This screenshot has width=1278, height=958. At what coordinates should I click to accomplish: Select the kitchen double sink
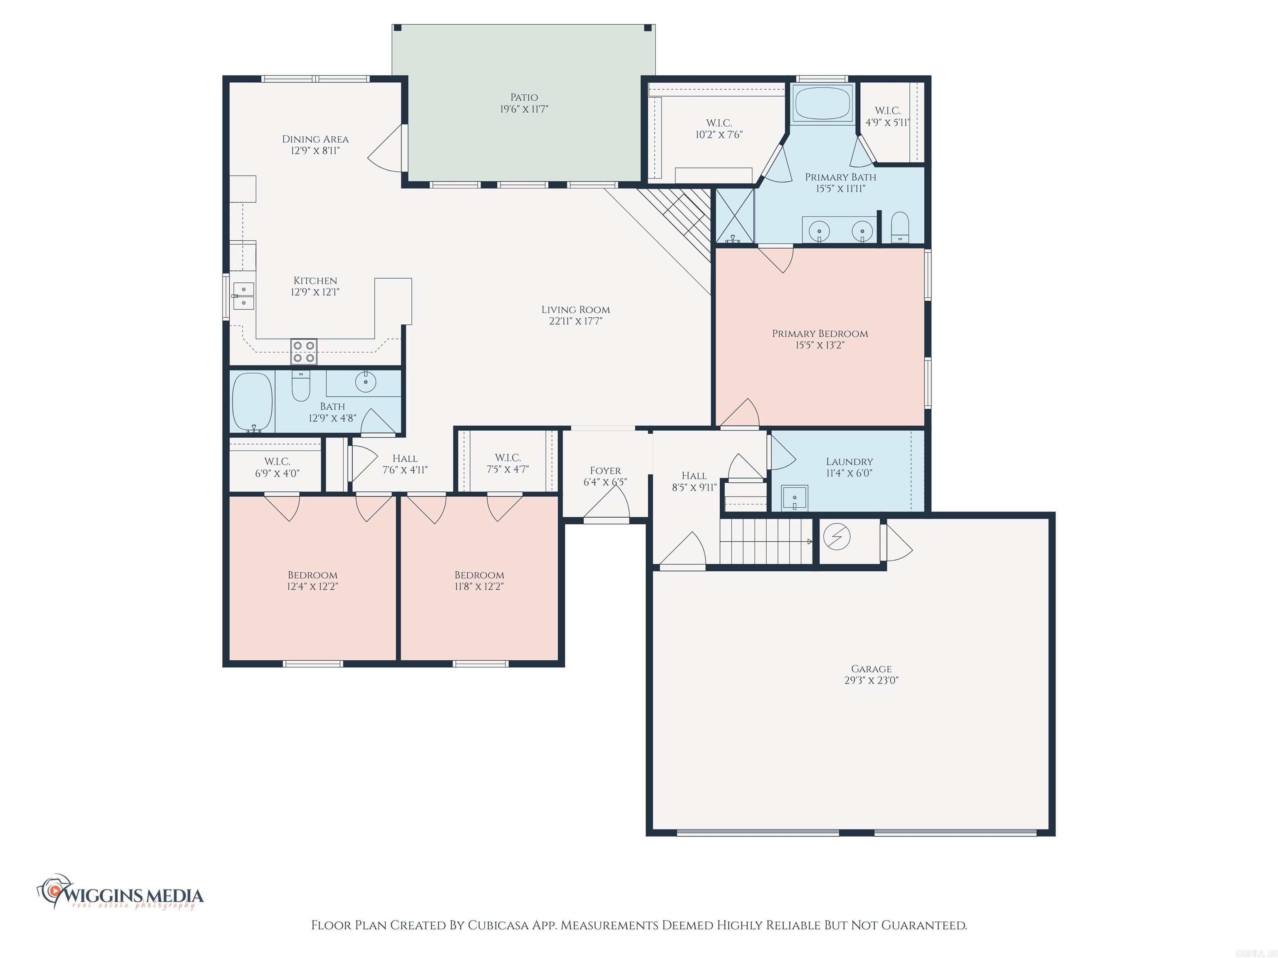(244, 296)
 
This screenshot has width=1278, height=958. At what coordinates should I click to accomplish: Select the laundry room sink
(795, 498)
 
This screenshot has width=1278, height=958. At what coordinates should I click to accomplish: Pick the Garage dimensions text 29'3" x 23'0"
(871, 680)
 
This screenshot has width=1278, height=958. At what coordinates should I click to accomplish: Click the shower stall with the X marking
(735, 215)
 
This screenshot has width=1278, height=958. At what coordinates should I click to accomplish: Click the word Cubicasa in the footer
(498, 926)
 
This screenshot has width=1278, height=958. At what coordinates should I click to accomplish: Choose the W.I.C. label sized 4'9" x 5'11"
(887, 116)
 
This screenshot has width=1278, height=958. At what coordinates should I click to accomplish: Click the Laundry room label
(850, 462)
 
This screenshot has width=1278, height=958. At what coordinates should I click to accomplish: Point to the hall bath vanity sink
(365, 382)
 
